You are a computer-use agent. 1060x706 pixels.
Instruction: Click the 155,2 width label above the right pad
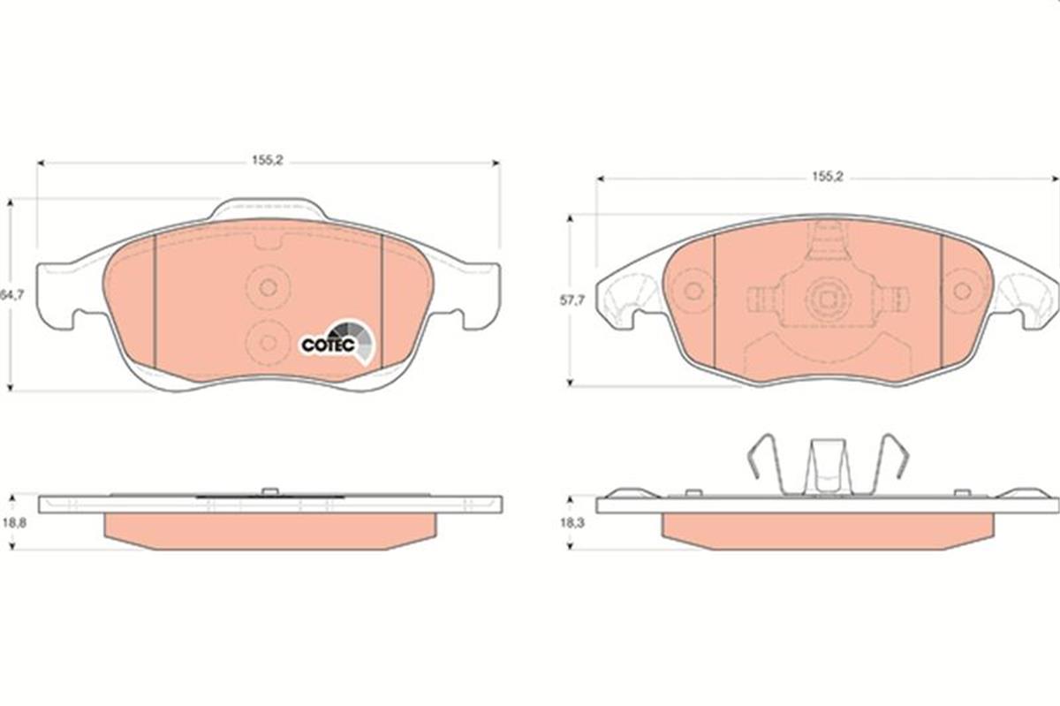coord(828,177)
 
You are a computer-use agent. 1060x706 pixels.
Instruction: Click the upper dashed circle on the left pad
coord(268,287)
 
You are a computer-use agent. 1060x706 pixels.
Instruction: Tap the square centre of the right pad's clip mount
coord(828,298)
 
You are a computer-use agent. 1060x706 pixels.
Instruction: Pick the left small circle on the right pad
coord(693,291)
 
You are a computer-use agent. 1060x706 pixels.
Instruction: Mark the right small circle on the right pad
coord(962,291)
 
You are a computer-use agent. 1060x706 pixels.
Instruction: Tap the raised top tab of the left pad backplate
coord(268,209)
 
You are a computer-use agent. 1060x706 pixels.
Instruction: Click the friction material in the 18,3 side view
coord(827,530)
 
